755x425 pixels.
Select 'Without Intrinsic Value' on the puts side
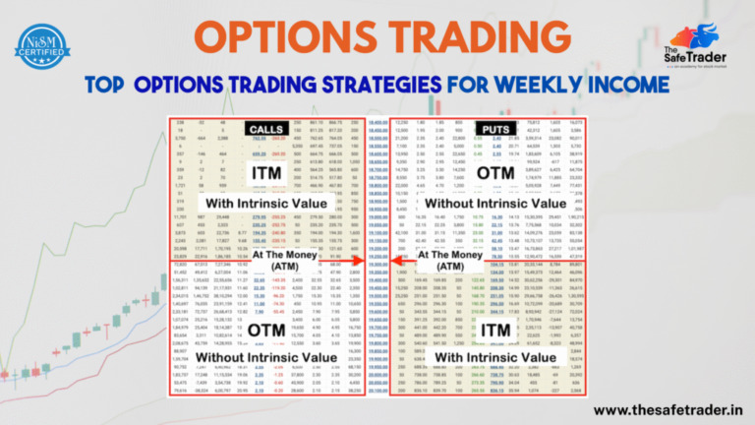pyautogui.click(x=493, y=205)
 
